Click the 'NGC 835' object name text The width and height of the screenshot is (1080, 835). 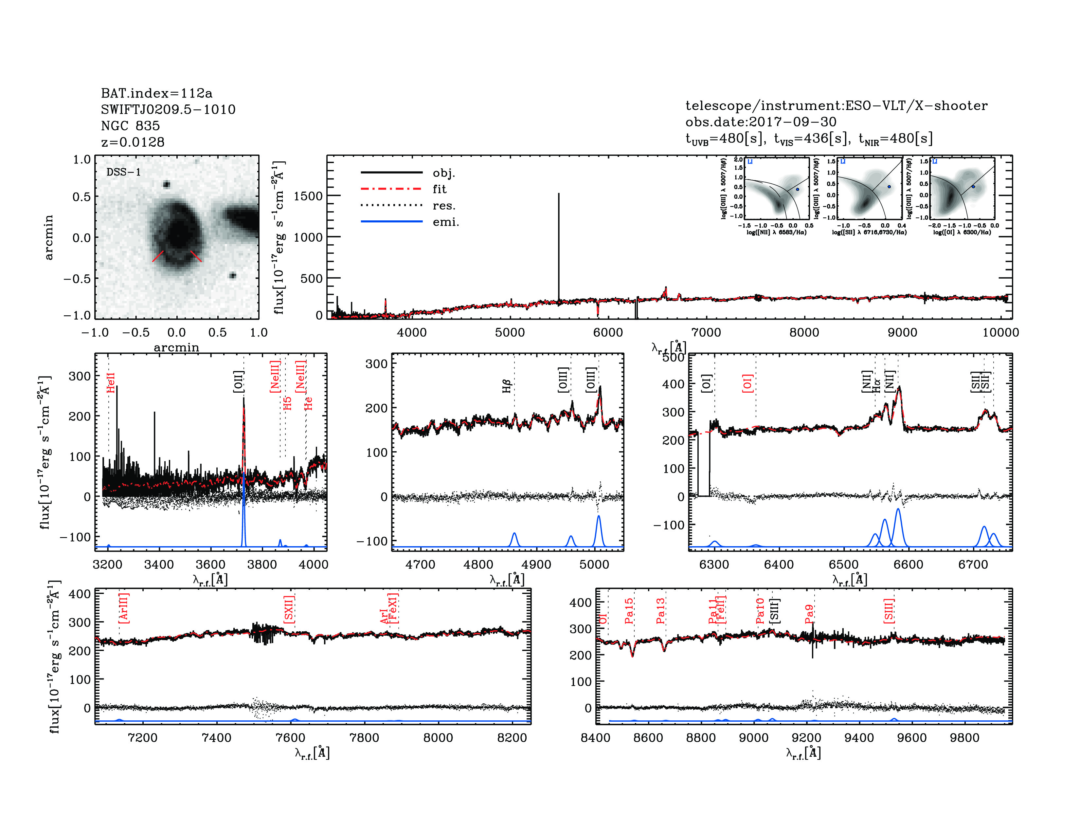coord(130,126)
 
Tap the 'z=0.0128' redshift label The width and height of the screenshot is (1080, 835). coord(133,142)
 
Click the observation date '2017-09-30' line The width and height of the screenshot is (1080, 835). coord(761,122)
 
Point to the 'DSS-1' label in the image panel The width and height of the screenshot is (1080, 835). coord(124,172)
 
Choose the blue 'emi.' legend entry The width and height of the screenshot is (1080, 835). coord(445,222)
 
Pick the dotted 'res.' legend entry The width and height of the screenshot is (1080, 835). coord(443,206)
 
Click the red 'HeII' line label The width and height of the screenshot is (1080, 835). coord(111,383)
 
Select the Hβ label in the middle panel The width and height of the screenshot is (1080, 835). coord(506,386)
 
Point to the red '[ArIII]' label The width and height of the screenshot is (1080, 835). coord(124,608)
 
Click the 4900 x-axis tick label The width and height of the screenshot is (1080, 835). coord(536,565)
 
